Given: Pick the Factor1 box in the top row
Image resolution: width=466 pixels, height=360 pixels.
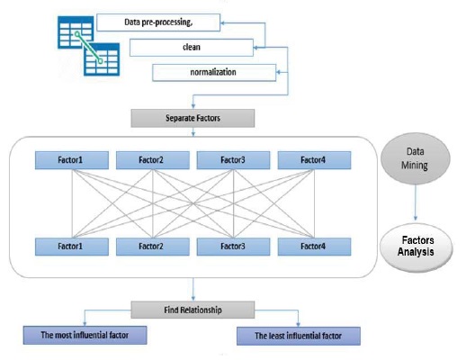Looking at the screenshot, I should (x=71, y=160).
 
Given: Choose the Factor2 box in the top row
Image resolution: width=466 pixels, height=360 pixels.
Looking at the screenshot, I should (x=152, y=160).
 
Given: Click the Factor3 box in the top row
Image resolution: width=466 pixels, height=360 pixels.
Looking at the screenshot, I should (x=234, y=160).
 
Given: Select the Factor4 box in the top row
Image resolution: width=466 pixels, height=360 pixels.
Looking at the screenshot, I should (x=313, y=160).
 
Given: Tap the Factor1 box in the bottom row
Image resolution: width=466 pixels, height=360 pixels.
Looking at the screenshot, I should (x=71, y=246).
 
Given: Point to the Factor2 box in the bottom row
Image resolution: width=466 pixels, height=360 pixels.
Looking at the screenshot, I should (x=152, y=246).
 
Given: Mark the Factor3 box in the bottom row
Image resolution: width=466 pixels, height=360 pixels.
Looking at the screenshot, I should (x=234, y=246).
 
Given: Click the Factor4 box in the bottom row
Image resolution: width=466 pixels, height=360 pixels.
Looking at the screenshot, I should (x=313, y=246).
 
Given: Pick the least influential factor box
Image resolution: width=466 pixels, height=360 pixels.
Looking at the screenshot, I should (x=299, y=337).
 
